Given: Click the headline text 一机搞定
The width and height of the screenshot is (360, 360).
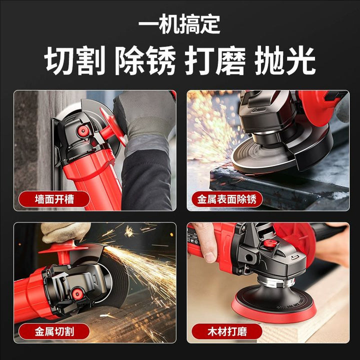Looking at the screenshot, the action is click(x=179, y=24).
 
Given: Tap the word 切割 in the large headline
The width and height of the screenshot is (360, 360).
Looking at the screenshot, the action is click(x=75, y=60).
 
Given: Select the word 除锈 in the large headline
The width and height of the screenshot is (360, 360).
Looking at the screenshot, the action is click(x=145, y=60).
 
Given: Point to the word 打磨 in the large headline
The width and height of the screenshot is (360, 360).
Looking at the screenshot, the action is click(x=215, y=60).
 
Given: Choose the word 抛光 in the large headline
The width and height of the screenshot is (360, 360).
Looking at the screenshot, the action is click(x=285, y=60).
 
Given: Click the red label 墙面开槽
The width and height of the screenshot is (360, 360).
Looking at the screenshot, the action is click(x=54, y=199).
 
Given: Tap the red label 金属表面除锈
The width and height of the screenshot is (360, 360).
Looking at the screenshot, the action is click(x=227, y=199).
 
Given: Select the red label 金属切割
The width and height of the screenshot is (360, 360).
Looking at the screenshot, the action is click(x=54, y=331).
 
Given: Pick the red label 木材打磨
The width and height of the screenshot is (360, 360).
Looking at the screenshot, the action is click(x=227, y=331).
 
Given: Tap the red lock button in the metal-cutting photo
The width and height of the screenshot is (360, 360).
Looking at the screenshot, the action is click(x=76, y=293).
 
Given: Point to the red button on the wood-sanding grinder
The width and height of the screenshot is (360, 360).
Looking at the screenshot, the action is click(x=269, y=243).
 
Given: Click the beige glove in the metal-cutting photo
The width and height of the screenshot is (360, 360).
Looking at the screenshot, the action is click(x=65, y=232).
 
